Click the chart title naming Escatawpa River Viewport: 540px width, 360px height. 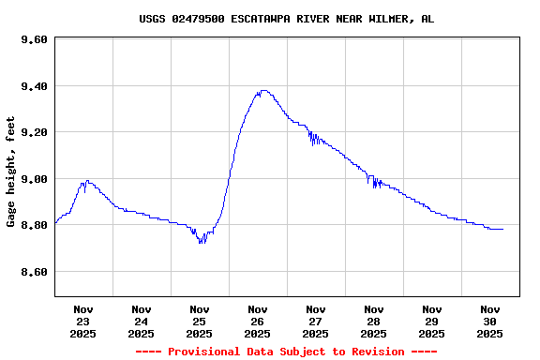point(286,19)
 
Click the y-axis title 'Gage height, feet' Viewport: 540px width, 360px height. point(11,172)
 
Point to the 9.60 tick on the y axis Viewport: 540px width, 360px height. point(34,40)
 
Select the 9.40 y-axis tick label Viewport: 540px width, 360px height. point(34,86)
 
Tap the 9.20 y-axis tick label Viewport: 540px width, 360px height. point(34,133)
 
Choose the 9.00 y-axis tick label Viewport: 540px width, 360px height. point(34,179)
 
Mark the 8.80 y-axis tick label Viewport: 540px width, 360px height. point(34,226)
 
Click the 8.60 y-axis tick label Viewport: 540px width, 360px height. point(34,272)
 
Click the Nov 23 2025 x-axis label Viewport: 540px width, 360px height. point(83,321)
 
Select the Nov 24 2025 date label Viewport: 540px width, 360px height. point(142,321)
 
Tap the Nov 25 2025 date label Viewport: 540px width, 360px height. point(200,321)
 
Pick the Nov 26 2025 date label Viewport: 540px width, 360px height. point(258,321)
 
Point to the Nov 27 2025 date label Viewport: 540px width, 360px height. point(316,321)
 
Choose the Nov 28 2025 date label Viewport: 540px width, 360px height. point(374,321)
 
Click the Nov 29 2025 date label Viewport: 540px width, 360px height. point(432,321)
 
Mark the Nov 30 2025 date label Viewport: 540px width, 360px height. point(490,321)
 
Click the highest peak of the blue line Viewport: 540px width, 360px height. point(263,91)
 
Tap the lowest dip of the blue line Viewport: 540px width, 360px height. point(201,243)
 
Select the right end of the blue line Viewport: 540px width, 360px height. point(502,229)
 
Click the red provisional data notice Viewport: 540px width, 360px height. point(286,352)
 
